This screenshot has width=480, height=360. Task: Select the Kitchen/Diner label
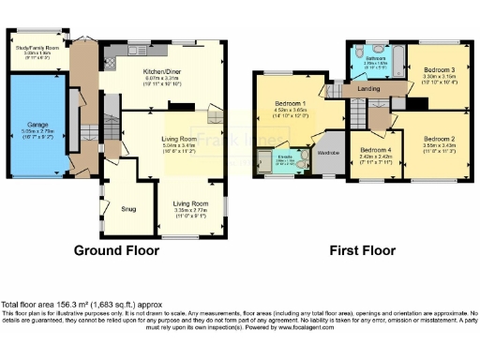[x=162, y=70]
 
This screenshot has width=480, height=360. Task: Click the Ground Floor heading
[x=116, y=250]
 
